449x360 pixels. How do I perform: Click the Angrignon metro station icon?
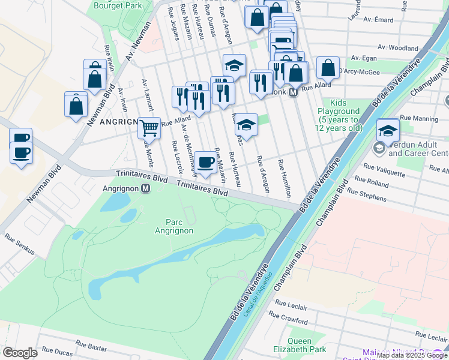145,188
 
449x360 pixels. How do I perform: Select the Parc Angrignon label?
174,226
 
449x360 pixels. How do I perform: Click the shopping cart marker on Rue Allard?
149,127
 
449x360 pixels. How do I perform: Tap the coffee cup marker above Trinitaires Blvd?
205,163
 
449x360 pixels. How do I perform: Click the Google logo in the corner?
20,353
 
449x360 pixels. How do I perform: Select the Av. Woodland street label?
398,48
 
